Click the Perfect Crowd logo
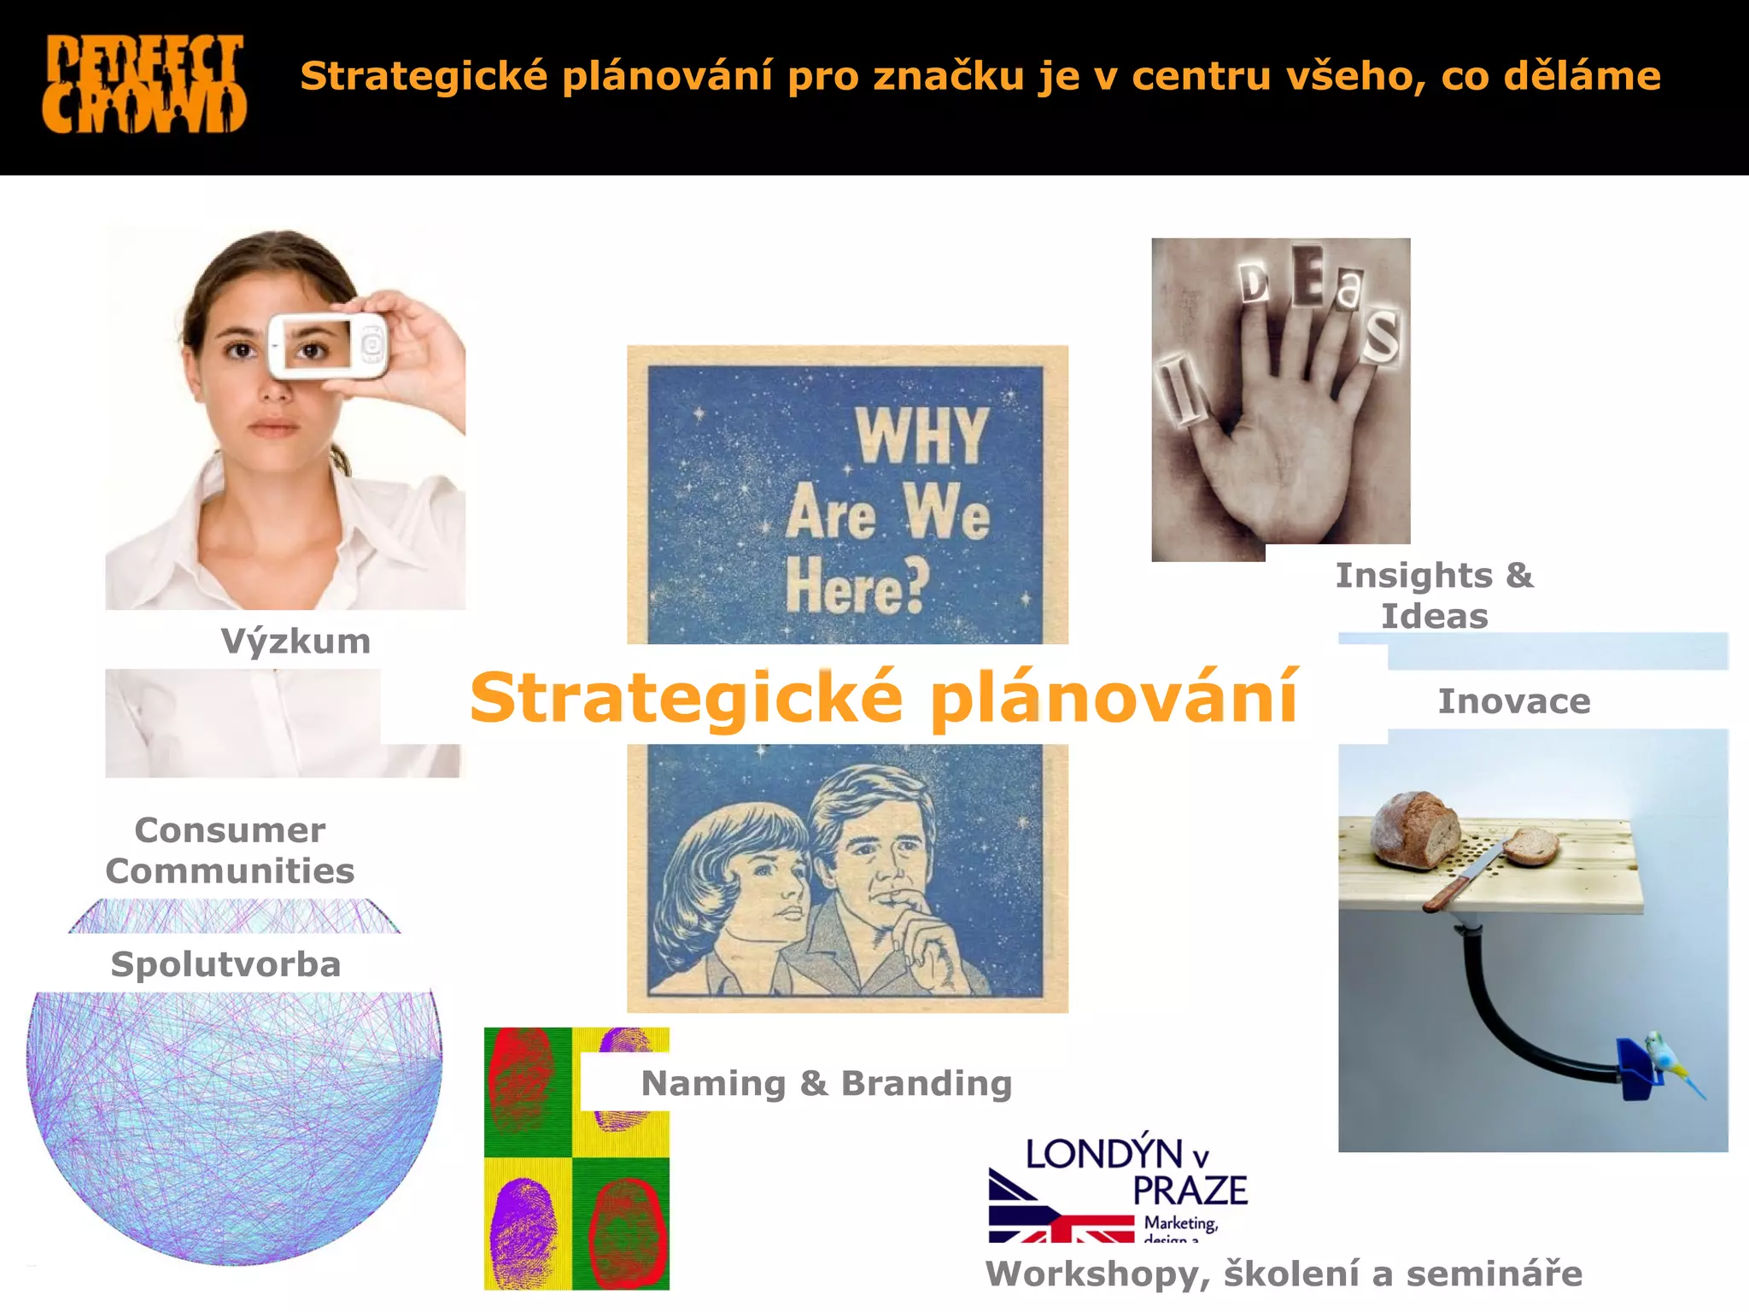[144, 84]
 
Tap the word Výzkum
[295, 641]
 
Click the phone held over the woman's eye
[329, 345]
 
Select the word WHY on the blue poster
[921, 436]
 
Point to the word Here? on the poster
[857, 585]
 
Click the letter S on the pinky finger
[1379, 335]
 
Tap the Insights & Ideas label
[1435, 595]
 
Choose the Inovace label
[1514, 701]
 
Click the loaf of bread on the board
[1416, 829]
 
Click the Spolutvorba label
[226, 964]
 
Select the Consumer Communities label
[230, 851]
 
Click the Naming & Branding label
[827, 1083]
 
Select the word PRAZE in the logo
[1190, 1191]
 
